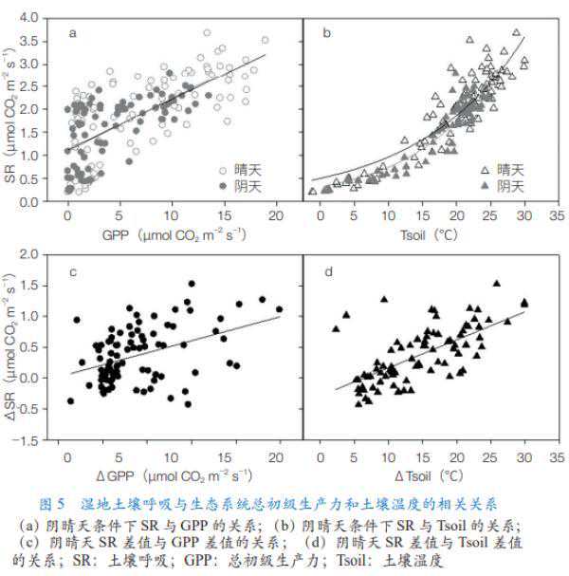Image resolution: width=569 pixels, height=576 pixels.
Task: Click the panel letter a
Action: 72,34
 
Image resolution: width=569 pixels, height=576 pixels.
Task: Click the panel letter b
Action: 327,34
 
